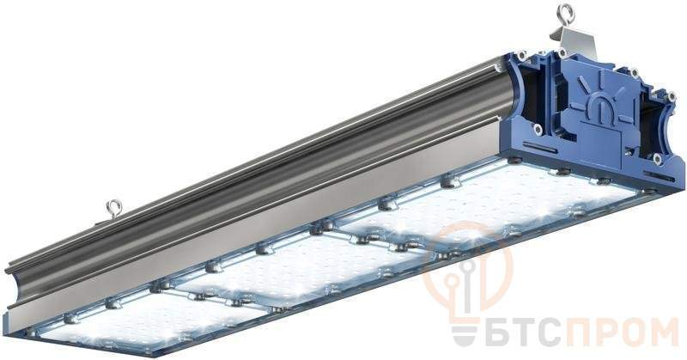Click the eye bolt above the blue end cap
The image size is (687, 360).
[x=566, y=15]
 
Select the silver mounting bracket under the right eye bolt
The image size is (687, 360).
[x=574, y=40]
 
